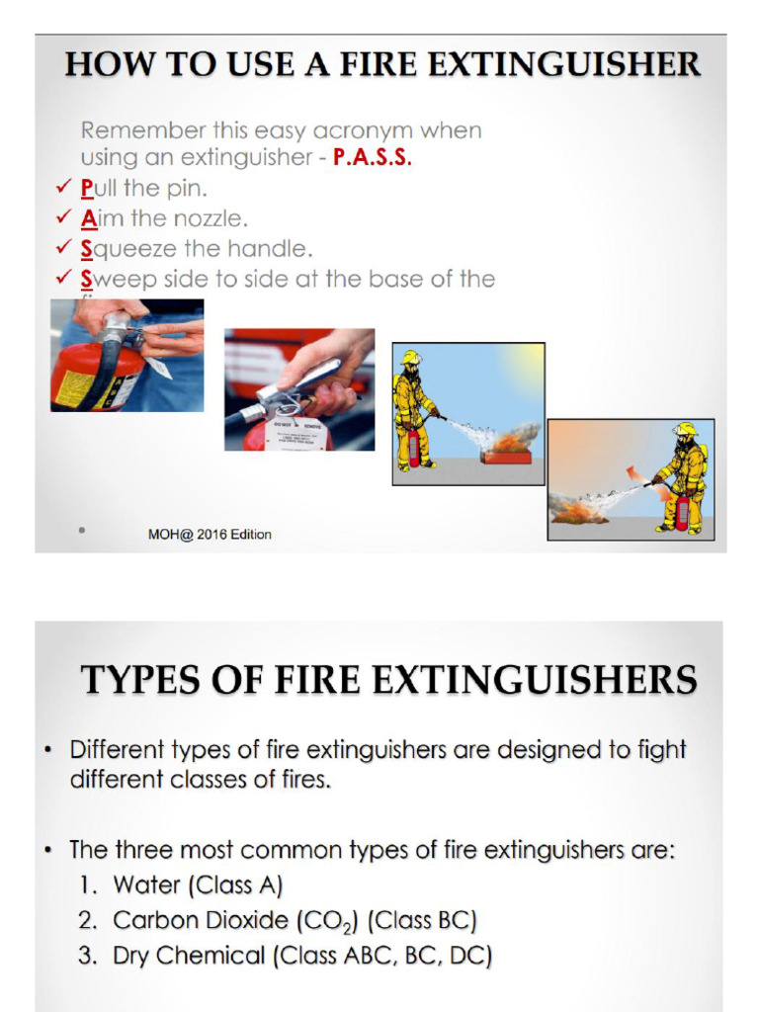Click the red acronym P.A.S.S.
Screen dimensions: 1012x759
coord(372,158)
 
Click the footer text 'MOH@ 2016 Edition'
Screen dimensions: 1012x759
coord(210,535)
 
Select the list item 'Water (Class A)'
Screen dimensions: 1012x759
coord(198,885)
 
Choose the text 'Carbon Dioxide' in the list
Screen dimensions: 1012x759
coord(201,920)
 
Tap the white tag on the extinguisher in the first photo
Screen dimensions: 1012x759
coord(158,368)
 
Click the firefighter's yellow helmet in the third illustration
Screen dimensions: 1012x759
coord(411,358)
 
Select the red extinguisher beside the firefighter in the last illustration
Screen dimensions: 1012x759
coord(682,512)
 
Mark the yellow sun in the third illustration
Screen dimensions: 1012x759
coord(528,361)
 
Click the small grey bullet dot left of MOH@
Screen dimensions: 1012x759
coord(81,531)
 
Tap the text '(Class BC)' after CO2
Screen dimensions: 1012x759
coord(422,920)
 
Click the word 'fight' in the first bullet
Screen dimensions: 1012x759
coord(661,750)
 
